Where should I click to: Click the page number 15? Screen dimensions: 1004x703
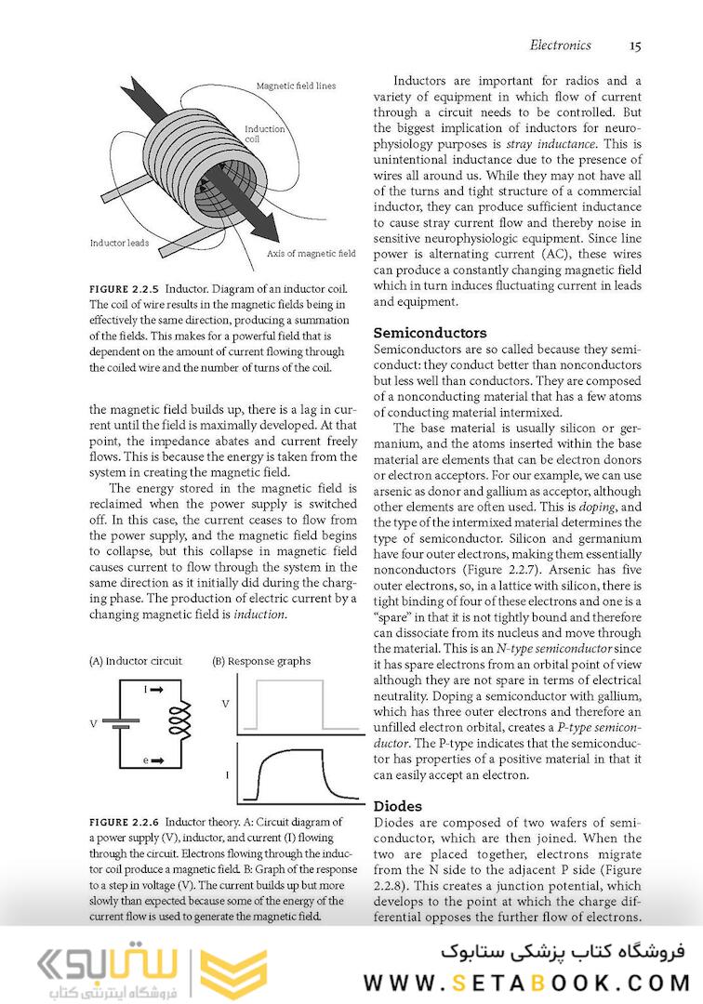[x=634, y=46]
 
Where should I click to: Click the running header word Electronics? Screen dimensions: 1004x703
[x=560, y=46]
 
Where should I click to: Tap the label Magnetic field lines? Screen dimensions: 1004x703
[x=296, y=86]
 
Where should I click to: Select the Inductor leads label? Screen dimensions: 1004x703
[x=119, y=244]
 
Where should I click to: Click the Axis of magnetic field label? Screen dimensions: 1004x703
[x=311, y=253]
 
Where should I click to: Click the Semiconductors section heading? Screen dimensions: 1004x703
[x=430, y=332]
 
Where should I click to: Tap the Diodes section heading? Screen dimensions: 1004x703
[x=397, y=806]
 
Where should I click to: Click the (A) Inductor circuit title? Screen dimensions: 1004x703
[x=136, y=661]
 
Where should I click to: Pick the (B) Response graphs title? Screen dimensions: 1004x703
[x=261, y=661]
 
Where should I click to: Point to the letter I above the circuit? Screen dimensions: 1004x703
[x=146, y=689]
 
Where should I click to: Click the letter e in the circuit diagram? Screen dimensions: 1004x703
[x=146, y=760]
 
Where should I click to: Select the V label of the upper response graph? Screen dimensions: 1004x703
[x=225, y=704]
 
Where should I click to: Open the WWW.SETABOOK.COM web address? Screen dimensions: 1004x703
[x=526, y=983]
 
